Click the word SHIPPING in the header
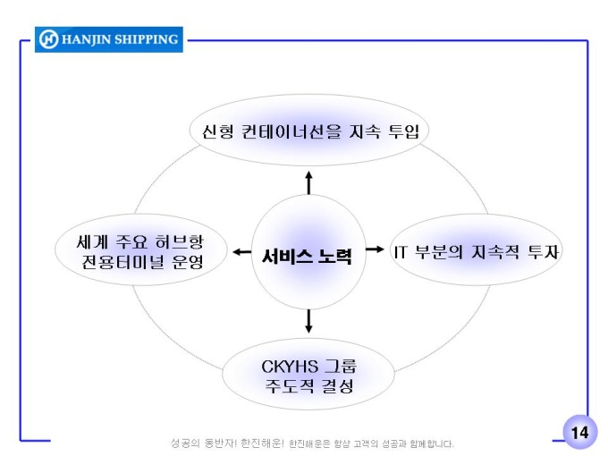143,39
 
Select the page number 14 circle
579,433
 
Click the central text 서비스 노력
308,256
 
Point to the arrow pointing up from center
309,182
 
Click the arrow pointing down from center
309,321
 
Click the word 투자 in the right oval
544,252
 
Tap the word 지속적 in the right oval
497,252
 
